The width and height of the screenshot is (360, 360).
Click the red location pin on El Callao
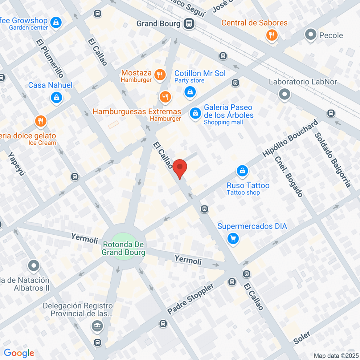click(179, 168)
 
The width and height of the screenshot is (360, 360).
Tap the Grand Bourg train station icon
click(189, 24)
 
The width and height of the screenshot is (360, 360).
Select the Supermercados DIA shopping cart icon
click(233, 239)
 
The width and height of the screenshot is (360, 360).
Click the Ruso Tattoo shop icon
click(242, 171)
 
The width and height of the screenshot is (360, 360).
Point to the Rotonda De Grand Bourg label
click(123, 248)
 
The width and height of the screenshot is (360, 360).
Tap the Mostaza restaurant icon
click(160, 75)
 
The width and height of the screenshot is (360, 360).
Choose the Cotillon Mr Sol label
click(200, 73)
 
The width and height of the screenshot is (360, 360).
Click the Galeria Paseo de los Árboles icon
click(195, 113)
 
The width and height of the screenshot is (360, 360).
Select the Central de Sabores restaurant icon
click(272, 35)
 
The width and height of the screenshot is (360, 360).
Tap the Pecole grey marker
click(310, 34)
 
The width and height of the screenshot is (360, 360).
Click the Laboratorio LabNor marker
click(284, 94)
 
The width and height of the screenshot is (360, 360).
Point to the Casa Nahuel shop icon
click(56, 98)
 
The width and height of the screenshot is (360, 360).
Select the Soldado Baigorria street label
click(333, 160)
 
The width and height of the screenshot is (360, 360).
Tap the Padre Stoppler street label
click(190, 299)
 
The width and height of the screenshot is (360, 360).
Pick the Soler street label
click(302, 338)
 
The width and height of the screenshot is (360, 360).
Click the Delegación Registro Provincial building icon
click(97, 326)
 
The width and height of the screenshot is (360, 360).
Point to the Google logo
click(19, 353)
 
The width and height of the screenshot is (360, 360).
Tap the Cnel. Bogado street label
click(289, 177)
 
